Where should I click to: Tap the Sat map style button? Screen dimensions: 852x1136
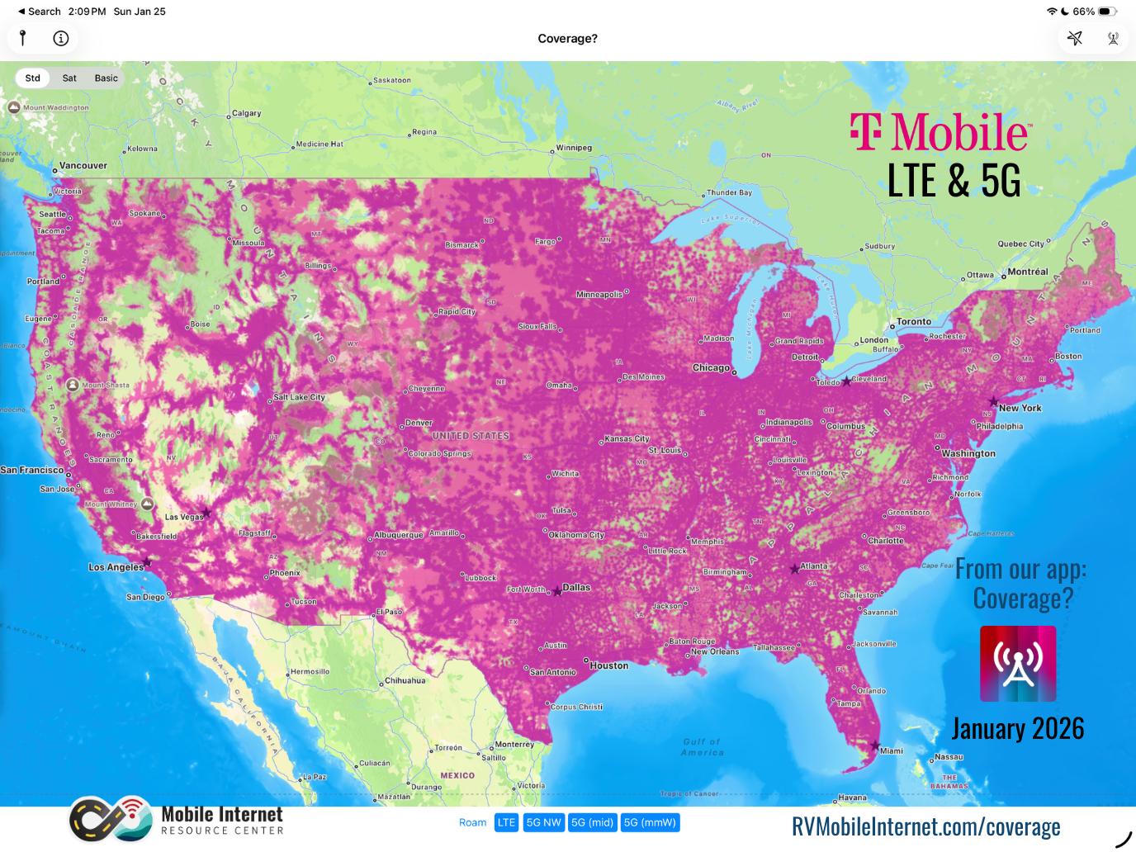[69, 78]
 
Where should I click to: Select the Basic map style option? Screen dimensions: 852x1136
[106, 78]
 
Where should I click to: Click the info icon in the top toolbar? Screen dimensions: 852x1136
[60, 38]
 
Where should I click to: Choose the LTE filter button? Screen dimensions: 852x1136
[506, 822]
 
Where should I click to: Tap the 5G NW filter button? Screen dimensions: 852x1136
[543, 822]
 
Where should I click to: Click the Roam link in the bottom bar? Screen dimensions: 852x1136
[472, 822]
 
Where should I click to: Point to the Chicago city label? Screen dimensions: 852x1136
[711, 368]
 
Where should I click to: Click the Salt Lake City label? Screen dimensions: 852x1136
[299, 397]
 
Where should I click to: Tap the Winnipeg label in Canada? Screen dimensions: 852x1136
[574, 148]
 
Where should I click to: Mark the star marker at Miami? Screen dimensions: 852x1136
[875, 745]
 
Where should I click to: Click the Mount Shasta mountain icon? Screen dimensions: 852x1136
[73, 385]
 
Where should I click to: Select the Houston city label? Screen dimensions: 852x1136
[608, 665]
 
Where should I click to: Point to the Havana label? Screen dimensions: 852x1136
[852, 798]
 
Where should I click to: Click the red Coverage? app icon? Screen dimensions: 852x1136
[1017, 664]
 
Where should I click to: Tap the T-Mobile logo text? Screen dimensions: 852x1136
[940, 133]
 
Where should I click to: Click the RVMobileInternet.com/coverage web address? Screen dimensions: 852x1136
[925, 826]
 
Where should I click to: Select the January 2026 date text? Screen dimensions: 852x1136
[1017, 728]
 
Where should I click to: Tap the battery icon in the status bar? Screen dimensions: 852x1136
[1106, 12]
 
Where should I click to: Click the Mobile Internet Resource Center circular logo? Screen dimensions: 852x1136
[111, 819]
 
